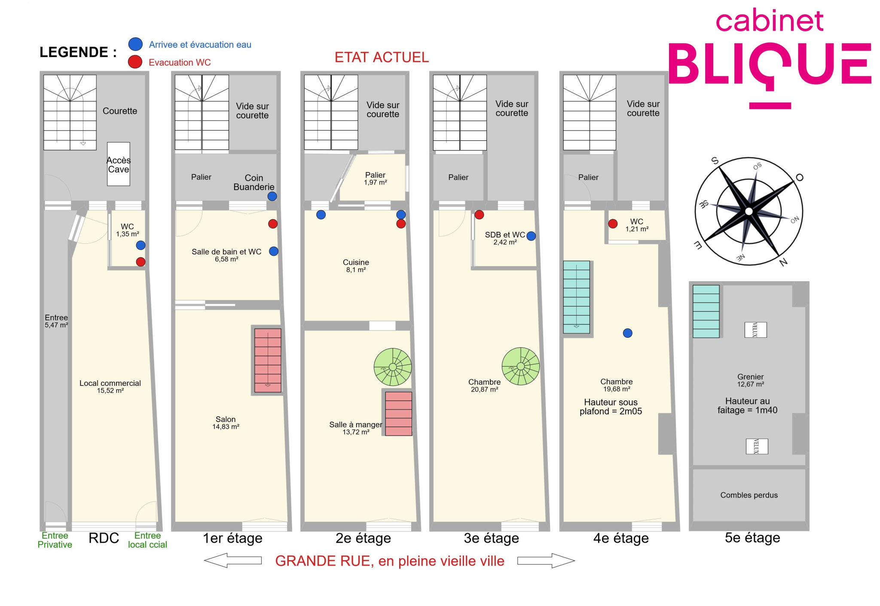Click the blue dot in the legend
click(135, 44)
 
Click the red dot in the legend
click(135, 62)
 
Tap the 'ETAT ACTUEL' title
click(382, 57)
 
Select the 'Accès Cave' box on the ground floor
click(119, 164)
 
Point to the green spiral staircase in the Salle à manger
click(393, 367)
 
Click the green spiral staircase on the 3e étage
click(521, 366)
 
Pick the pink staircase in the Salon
click(268, 360)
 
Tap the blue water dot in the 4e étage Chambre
click(628, 333)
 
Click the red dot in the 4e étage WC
click(613, 223)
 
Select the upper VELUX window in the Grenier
click(755, 330)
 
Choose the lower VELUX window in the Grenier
click(757, 446)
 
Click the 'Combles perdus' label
click(749, 495)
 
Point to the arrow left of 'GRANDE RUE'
click(232, 560)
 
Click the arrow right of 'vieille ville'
click(546, 561)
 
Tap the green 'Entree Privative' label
click(55, 540)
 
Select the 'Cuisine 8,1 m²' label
click(356, 266)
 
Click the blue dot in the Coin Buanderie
click(272, 196)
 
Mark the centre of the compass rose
click(749, 211)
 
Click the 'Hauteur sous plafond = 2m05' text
click(611, 406)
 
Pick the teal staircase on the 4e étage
click(576, 297)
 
